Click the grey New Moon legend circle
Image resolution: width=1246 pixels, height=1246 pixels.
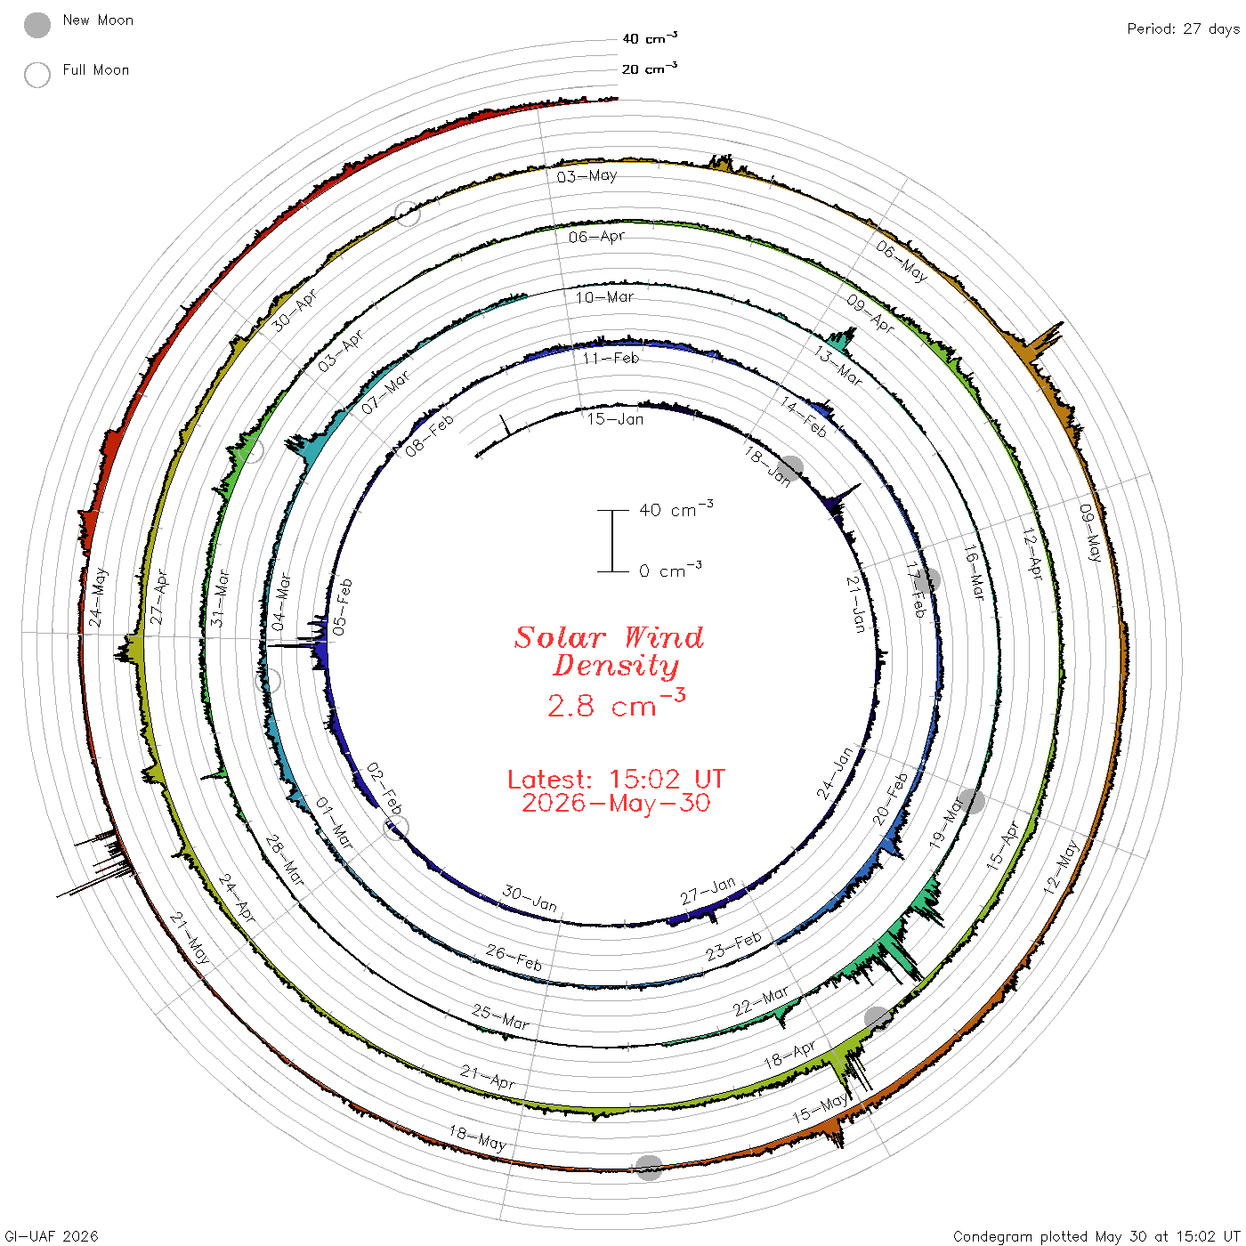point(37,25)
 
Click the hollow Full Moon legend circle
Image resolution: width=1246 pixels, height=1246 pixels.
point(37,75)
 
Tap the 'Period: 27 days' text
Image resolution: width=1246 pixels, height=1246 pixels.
point(1184,29)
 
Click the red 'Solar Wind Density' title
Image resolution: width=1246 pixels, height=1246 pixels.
point(609,651)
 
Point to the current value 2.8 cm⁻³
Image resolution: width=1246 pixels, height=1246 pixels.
point(616,704)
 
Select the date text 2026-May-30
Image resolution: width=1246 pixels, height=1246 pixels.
point(616,803)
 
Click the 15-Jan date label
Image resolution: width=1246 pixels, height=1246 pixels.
point(616,419)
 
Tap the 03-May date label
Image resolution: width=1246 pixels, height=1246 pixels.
point(587,176)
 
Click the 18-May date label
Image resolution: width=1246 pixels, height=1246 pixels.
point(478,1138)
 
